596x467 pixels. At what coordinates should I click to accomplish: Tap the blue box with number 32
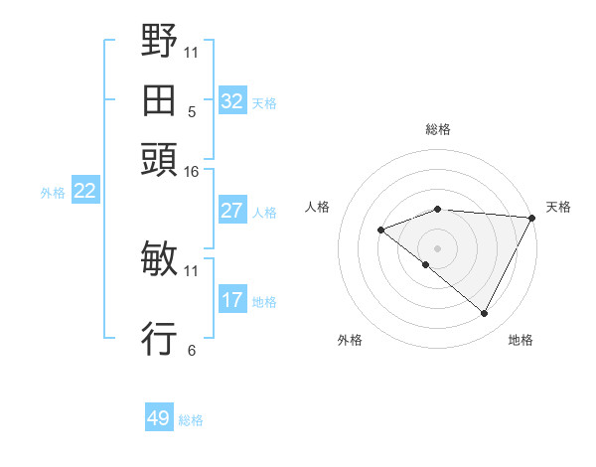click(232, 101)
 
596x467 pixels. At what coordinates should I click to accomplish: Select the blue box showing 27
click(232, 211)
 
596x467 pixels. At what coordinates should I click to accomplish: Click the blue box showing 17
click(232, 300)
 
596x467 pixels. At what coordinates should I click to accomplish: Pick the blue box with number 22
click(84, 192)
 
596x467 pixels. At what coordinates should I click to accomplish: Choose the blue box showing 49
click(159, 418)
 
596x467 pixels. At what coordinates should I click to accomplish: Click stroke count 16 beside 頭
click(191, 173)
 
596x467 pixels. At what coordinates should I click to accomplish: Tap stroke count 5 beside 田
click(192, 113)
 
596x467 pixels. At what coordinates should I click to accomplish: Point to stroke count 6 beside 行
click(192, 350)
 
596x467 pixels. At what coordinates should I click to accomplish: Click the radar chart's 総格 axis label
click(437, 129)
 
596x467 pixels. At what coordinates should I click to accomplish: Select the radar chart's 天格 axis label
click(558, 207)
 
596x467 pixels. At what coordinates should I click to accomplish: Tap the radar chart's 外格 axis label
click(350, 340)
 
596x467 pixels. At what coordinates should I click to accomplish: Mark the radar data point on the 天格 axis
click(531, 218)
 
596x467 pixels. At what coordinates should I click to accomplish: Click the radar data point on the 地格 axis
click(485, 313)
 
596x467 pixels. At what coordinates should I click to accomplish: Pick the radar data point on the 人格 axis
click(380, 231)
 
